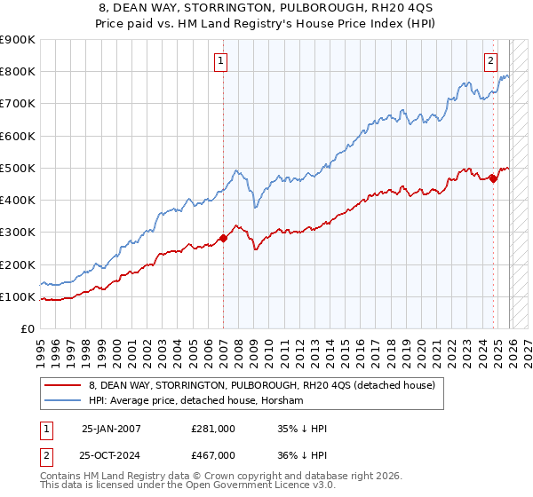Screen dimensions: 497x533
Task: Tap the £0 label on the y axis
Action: (27, 329)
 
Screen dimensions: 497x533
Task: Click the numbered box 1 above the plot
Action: (220, 61)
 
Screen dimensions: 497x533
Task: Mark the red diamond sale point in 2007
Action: (223, 238)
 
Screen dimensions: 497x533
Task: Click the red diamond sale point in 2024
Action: (493, 178)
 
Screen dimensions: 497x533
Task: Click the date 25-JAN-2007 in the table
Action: (112, 429)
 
